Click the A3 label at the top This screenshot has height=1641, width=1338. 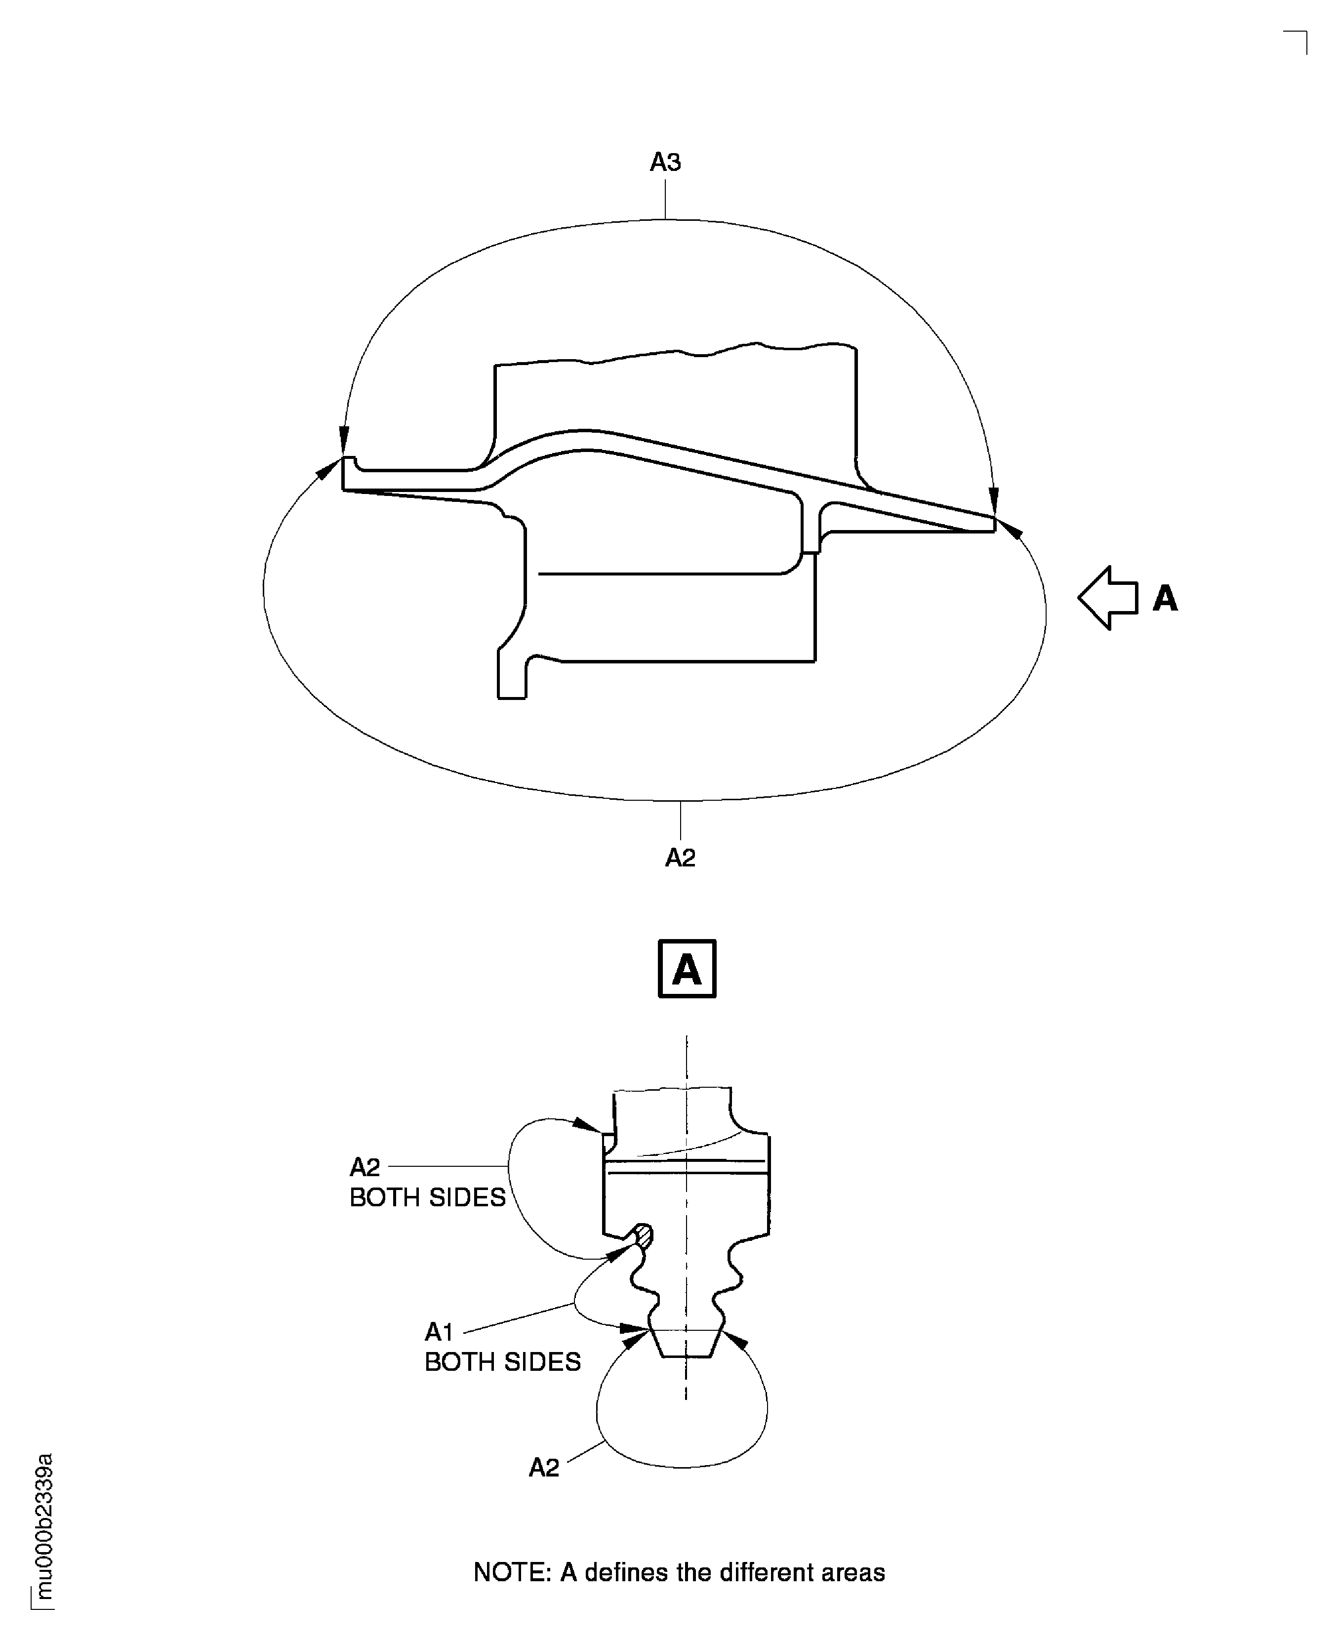click(665, 162)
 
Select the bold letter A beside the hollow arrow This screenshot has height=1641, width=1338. click(1165, 599)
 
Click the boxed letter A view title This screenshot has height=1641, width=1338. click(687, 969)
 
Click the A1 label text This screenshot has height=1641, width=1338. click(439, 1332)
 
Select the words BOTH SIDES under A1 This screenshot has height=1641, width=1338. click(502, 1362)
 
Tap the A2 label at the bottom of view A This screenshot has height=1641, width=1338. click(543, 1468)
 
